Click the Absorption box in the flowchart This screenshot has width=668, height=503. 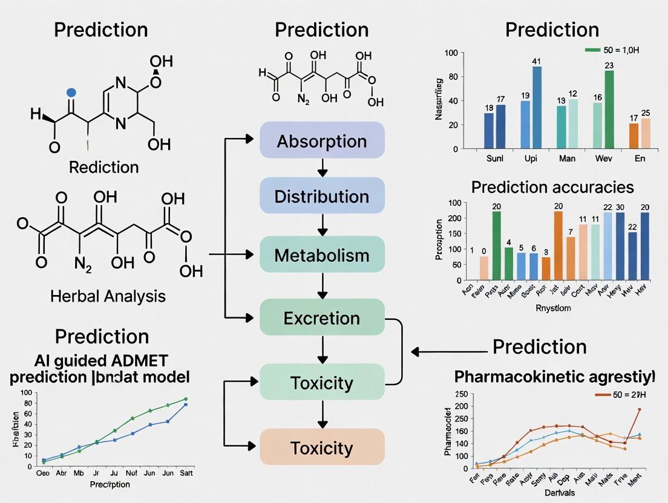(322, 141)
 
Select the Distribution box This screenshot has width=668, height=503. (322, 196)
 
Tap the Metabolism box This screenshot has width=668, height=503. (322, 255)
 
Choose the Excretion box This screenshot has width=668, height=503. (322, 318)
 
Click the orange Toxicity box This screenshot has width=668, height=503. (322, 448)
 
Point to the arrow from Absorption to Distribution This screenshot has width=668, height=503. (322, 169)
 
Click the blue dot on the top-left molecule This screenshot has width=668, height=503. (71, 92)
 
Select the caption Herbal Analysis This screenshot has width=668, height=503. (108, 296)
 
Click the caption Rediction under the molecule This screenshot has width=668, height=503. (103, 167)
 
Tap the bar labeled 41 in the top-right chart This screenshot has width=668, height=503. (537, 107)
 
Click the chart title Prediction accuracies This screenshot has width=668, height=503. (552, 187)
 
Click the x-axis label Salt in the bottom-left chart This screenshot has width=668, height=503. (186, 473)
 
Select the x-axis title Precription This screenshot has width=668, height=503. (110, 484)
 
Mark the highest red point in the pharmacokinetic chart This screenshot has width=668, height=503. (640, 409)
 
